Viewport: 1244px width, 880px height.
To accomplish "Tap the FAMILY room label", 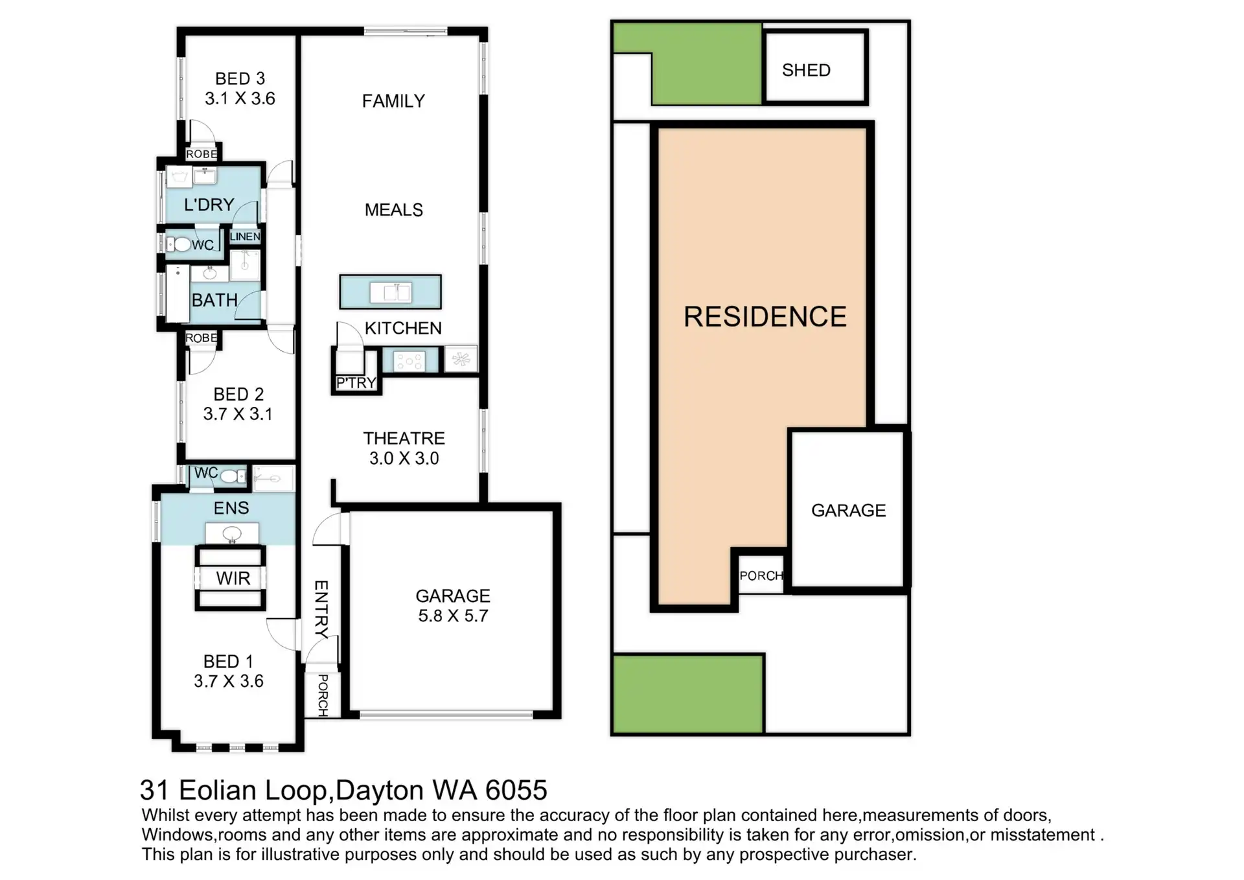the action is click(393, 101).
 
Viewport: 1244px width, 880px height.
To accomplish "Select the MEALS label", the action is click(393, 210).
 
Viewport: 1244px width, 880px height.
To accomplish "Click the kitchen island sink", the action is click(391, 292).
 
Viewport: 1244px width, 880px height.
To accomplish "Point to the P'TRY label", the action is click(356, 383).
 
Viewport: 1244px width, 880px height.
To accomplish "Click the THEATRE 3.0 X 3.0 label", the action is click(404, 448).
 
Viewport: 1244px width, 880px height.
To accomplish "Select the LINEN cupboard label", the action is click(245, 237).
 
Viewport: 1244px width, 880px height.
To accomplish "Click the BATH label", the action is click(214, 301).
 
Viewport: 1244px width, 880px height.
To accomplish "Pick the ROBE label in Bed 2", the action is click(202, 338).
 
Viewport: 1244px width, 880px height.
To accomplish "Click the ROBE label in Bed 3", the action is click(202, 154).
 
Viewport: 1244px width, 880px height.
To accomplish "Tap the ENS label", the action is click(231, 508).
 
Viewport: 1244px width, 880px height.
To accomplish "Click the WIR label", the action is click(233, 578).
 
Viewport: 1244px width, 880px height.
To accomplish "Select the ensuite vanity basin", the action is click(232, 534).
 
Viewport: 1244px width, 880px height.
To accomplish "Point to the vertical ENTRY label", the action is click(321, 609).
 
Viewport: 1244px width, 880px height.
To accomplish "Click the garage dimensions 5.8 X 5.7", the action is click(453, 616).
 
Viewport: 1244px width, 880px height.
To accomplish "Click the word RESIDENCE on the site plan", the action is click(765, 317).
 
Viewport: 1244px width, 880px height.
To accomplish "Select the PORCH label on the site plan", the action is click(761, 575).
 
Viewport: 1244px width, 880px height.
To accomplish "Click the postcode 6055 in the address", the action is click(516, 790).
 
